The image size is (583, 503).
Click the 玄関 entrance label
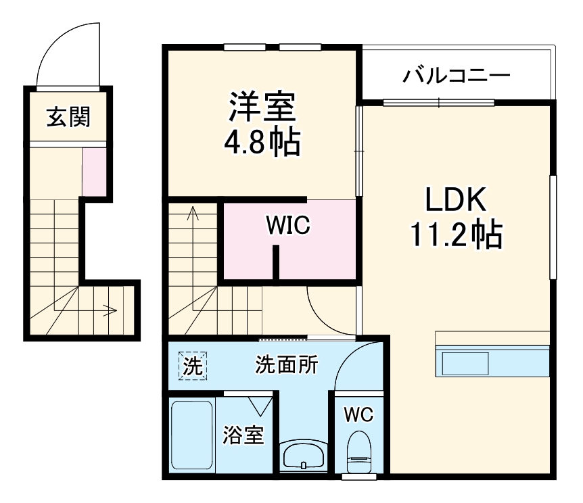pos(68,118)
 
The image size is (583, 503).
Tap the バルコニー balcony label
pos(457,75)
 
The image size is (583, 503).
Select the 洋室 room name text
pos(262,107)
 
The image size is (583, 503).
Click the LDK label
pos(455,201)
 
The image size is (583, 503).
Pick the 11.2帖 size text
pos(455,235)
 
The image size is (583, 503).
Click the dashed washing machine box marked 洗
pos(193,366)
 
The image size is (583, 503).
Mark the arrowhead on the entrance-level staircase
pos(110,311)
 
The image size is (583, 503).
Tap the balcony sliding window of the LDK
pos(438,103)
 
